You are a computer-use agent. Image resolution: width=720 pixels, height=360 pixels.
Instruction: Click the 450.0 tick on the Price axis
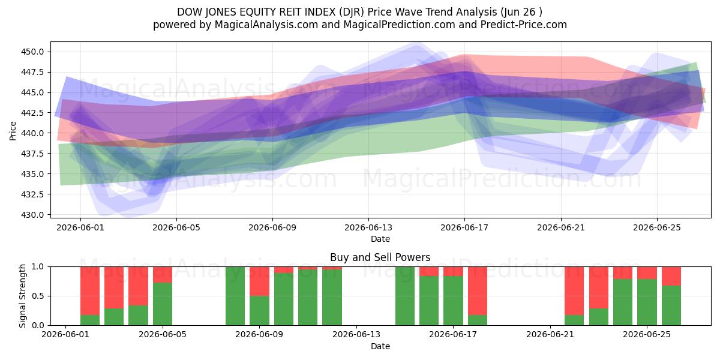(x=32, y=52)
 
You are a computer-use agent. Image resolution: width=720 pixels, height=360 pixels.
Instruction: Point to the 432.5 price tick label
(x=32, y=194)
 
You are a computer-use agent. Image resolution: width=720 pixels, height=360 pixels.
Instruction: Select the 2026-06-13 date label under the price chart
(x=368, y=227)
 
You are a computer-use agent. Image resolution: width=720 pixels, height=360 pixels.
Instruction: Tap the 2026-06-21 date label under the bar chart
(x=550, y=335)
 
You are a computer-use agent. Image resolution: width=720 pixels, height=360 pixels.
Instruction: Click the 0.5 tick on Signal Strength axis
(x=38, y=296)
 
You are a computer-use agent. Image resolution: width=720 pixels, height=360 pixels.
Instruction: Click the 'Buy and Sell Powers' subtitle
(x=380, y=257)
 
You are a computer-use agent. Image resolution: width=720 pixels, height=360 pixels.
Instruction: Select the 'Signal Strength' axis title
(x=22, y=296)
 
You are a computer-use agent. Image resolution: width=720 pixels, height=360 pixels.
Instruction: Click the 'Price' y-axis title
(x=13, y=131)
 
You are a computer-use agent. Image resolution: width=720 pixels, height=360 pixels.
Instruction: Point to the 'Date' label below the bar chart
(x=380, y=346)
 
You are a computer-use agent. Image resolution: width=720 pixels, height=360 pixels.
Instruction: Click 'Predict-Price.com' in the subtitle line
(x=524, y=25)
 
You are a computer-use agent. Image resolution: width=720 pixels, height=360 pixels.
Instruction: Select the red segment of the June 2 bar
(x=90, y=291)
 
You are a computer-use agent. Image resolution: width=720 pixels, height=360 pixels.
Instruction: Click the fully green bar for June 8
(x=235, y=296)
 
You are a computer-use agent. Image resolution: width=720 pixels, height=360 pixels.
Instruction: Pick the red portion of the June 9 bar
(x=259, y=281)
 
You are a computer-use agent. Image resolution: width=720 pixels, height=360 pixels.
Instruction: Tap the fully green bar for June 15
(x=405, y=296)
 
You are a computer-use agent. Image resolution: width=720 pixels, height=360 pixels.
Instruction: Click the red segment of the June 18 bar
(x=478, y=291)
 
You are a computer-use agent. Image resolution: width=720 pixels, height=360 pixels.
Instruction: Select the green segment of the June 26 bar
(x=671, y=305)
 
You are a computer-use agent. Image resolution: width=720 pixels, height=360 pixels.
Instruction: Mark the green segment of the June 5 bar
(x=163, y=304)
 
